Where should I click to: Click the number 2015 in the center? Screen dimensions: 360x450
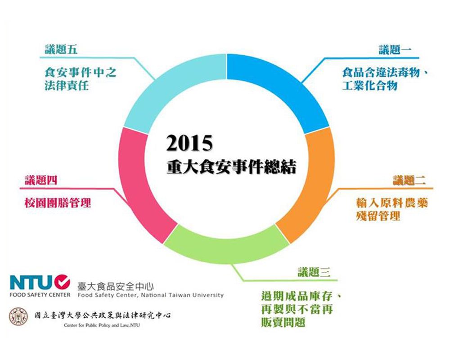tap(189, 144)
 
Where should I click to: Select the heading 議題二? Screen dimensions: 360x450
tap(409, 181)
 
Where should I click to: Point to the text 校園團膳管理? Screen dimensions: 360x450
tap(58, 203)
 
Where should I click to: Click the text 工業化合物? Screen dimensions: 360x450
tap(369, 85)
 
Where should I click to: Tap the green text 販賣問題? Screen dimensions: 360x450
tap(283, 323)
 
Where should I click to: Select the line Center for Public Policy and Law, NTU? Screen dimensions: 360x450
tap(103, 325)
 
